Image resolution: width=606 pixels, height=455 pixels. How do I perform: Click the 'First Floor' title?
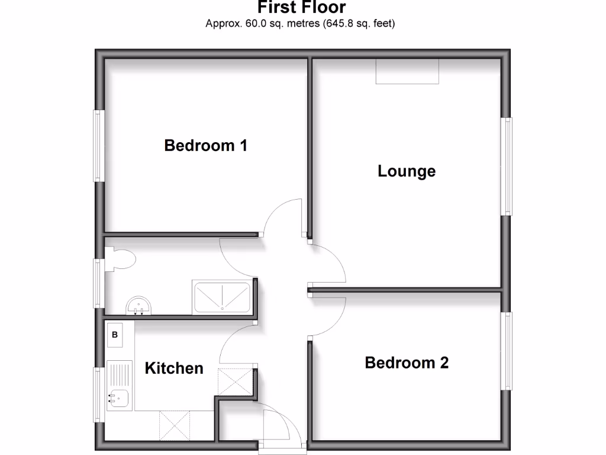[302, 8]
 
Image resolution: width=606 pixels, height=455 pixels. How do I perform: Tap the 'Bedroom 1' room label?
[205, 145]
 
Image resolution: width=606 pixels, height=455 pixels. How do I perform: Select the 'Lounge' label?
[407, 171]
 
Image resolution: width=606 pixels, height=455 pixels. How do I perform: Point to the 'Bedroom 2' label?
[407, 362]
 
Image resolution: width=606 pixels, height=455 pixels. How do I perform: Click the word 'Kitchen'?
[174, 368]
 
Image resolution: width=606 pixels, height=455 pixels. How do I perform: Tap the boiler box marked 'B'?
[115, 335]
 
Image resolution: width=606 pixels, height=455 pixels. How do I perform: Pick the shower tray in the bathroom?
[222, 296]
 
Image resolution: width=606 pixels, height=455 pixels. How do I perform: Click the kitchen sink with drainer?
[120, 385]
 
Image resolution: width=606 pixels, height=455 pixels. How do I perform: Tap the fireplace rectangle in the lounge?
[407, 71]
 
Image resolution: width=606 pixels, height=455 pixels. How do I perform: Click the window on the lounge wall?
[507, 166]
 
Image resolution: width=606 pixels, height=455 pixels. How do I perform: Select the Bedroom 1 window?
[99, 145]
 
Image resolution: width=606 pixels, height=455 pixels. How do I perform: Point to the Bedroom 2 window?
[507, 351]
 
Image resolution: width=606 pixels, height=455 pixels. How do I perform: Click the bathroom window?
[99, 283]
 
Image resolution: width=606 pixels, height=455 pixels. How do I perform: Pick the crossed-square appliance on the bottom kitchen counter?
[176, 425]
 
